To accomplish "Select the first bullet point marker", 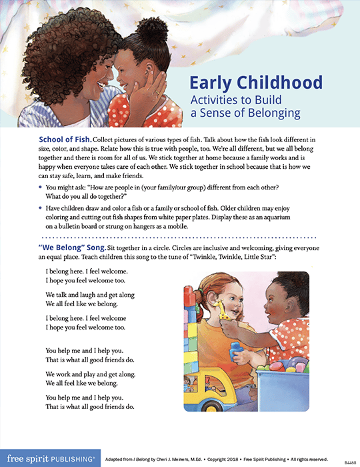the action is pyautogui.click(x=41, y=189).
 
